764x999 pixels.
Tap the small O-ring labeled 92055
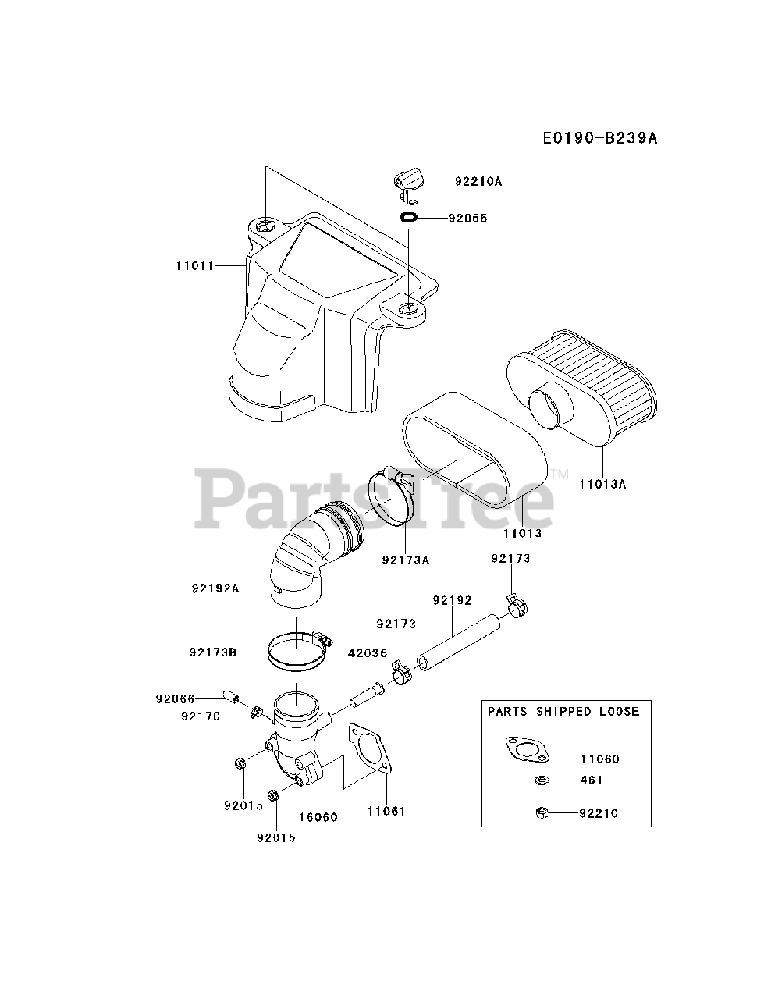pos(408,218)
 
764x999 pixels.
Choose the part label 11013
pos(522,534)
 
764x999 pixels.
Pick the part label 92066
pos(175,699)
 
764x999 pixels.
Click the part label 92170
pos(201,716)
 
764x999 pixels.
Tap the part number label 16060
pos(318,817)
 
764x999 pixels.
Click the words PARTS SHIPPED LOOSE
pos(563,711)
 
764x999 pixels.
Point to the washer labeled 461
pos(540,780)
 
